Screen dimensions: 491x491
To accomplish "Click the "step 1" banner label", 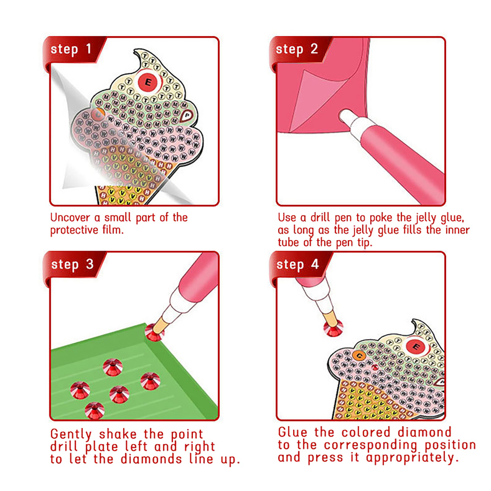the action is click(71, 49).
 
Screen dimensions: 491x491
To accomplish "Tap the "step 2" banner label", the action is click(296, 49).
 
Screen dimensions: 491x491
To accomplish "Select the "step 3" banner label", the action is click(72, 265).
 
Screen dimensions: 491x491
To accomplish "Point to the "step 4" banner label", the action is click(297, 265).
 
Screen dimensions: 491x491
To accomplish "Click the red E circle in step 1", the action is click(148, 82).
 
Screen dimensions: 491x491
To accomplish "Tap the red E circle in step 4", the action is click(416, 347).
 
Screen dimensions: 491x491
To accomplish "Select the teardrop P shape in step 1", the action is click(186, 116).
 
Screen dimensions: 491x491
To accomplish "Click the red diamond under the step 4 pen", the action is click(333, 328).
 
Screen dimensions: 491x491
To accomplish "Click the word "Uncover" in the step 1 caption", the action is click(70, 218).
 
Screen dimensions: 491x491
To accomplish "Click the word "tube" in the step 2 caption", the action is click(288, 242).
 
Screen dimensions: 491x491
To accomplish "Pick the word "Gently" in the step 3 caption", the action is click(71, 435).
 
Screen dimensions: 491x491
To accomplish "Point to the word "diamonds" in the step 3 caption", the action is click(151, 459).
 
